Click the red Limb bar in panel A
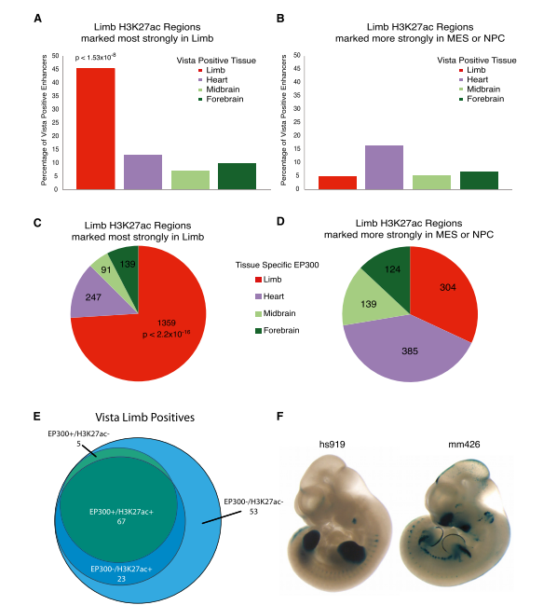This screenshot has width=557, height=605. pos(96,129)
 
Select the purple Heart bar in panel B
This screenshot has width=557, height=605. pos(384,168)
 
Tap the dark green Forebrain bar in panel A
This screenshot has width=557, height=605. pos(238,176)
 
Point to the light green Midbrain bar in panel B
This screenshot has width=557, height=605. pos(432,183)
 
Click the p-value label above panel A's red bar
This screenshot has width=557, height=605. pos(96,58)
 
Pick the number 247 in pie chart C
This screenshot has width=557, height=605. pos(93,297)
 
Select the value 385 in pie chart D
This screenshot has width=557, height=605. pos(410,351)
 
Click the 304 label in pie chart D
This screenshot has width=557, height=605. pos(448,287)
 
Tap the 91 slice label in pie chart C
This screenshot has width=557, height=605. pos(106,269)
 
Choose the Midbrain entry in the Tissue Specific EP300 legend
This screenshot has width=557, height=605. pos(276,313)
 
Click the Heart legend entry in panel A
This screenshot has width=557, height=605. pos(213,80)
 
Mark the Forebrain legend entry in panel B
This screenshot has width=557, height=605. pos(482,99)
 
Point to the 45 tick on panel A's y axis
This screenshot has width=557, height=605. pos(56,69)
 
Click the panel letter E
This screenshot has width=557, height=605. pos(37,417)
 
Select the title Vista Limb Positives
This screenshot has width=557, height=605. pos(145,418)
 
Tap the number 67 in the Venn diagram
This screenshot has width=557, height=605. pos(121,521)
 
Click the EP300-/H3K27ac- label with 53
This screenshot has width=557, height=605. pos(253,506)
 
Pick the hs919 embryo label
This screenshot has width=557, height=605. pos(332,445)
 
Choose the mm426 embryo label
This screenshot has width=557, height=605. pos(464,445)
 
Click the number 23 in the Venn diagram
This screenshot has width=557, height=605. pos(121,579)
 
